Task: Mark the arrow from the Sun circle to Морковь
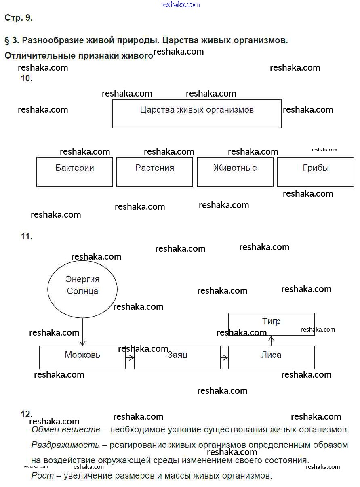[x=82, y=332]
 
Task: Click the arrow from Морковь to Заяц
[x=130, y=358]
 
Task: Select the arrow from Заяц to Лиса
[x=224, y=358]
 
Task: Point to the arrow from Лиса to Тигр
[x=271, y=341]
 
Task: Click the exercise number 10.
[x=26, y=78]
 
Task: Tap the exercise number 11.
[x=26, y=237]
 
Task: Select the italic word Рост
[x=42, y=476]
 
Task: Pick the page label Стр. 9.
[x=19, y=17]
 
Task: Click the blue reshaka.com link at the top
[x=181, y=4]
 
